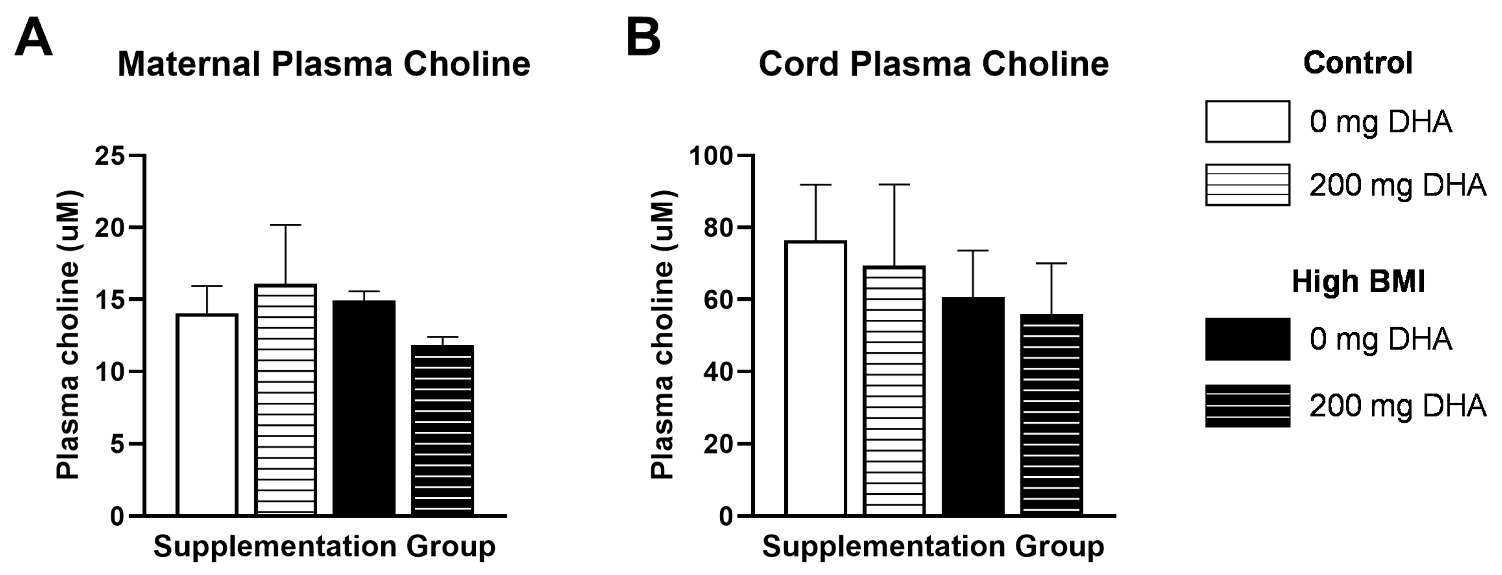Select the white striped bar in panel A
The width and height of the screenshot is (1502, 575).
286,400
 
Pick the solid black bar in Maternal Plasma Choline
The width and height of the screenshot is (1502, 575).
364,408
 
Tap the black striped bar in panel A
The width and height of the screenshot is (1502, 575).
443,430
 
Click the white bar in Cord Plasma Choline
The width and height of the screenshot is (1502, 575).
816,378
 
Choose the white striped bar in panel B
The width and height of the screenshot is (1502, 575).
894,390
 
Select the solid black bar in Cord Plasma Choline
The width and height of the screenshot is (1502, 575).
973,406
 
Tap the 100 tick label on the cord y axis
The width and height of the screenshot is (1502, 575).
711,156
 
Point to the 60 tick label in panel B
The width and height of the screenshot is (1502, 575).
718,300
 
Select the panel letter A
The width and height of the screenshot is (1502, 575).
34,37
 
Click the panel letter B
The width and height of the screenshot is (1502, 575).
643,37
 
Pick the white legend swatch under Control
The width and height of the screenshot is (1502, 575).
1247,122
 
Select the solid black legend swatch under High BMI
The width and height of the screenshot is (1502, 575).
1247,339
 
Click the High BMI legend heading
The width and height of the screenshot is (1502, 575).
1358,282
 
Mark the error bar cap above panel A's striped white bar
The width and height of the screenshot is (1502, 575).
286,225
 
